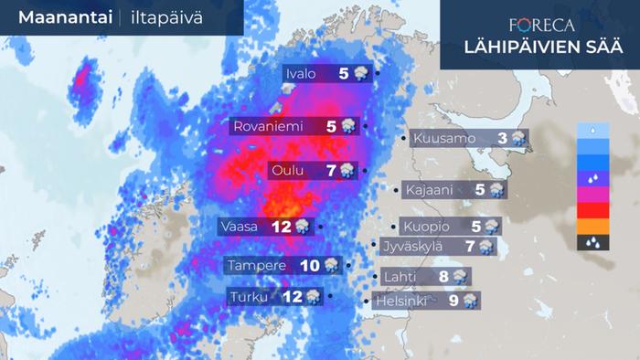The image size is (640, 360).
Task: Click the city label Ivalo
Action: pos(301,74)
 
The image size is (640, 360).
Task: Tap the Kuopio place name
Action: pos(425,226)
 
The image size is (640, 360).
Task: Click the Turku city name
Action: pos(251,297)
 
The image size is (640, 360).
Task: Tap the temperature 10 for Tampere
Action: pos(309,266)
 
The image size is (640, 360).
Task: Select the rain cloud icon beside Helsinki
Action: pos(469,300)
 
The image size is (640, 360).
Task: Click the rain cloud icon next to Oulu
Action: pos(347,171)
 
